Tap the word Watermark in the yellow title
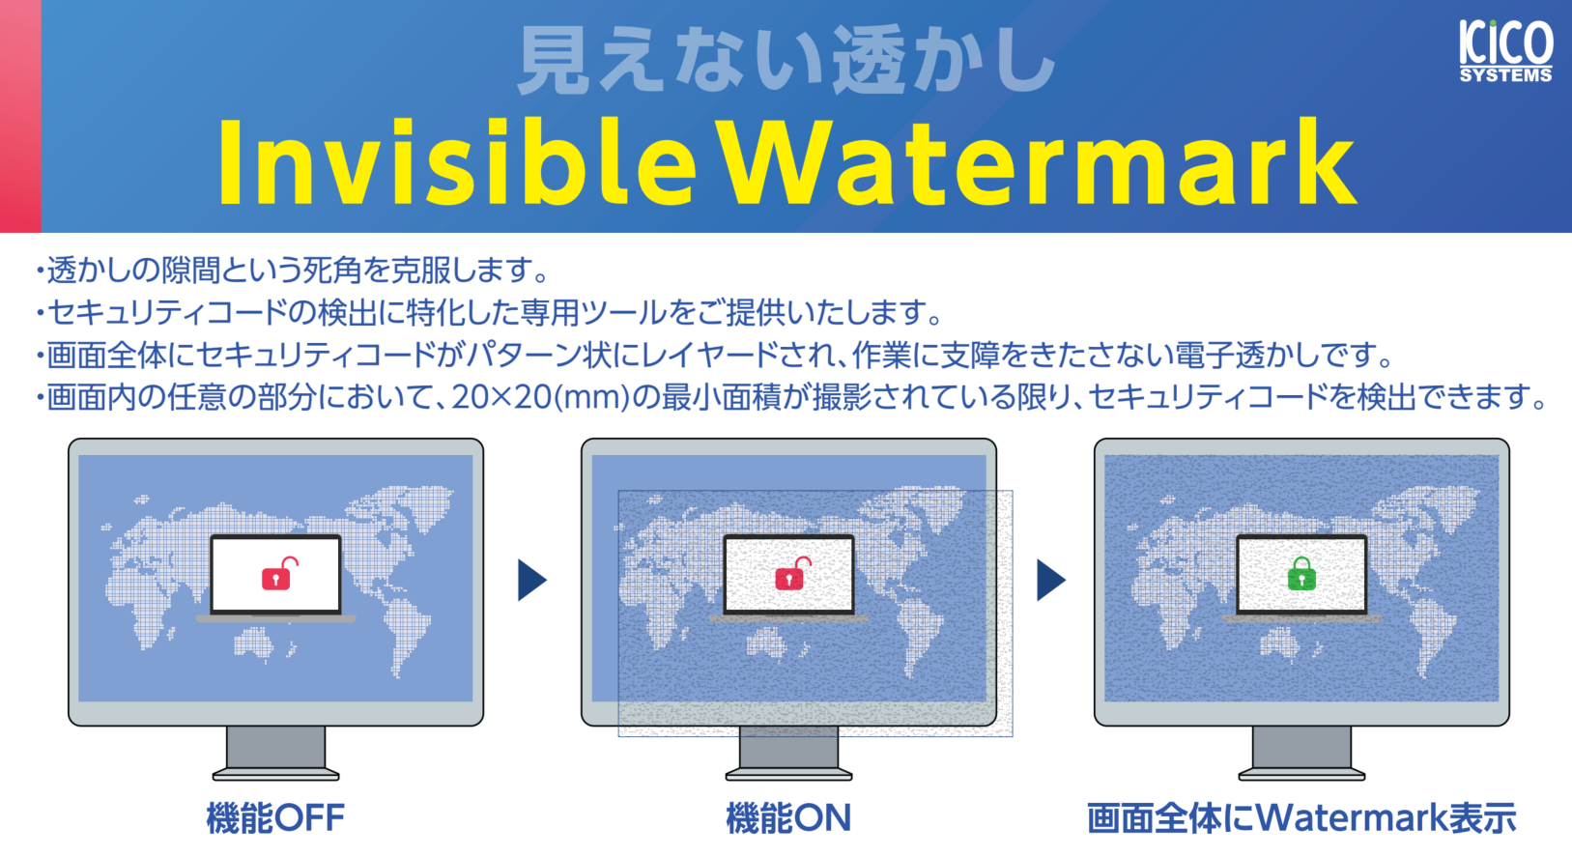pos(1039,162)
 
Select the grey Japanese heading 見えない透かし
pos(786,62)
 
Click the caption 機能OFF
pos(275,818)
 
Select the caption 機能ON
pos(788,818)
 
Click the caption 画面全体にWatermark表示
pos(1301,818)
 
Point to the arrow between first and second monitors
pos(531,580)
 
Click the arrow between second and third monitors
pos(1050,580)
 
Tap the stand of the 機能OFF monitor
pos(275,752)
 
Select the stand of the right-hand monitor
pos(1301,752)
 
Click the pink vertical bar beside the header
pos(20,116)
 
